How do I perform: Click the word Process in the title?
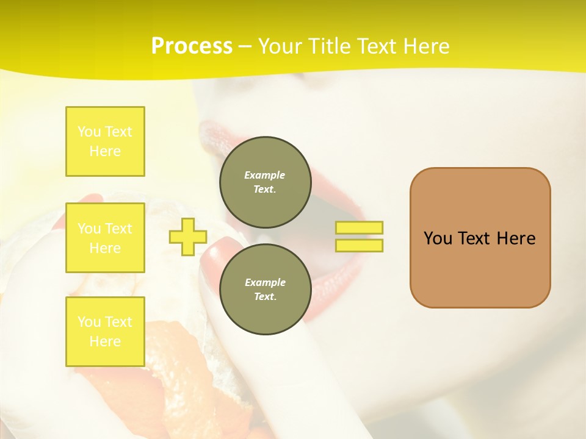pos(192,46)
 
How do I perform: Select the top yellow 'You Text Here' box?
pos(105,141)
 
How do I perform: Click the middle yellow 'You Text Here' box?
pos(105,238)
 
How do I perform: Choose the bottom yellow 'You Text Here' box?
pos(105,331)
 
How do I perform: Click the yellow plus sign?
pos(187,237)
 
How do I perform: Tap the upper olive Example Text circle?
pos(265,182)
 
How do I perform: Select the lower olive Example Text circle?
pos(265,289)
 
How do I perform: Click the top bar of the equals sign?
pos(359,227)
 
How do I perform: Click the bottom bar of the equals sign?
pos(359,245)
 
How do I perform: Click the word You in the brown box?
pos(438,238)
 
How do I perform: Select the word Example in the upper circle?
pos(265,175)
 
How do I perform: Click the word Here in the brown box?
pos(516,238)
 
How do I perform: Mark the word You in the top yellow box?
pos(89,132)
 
